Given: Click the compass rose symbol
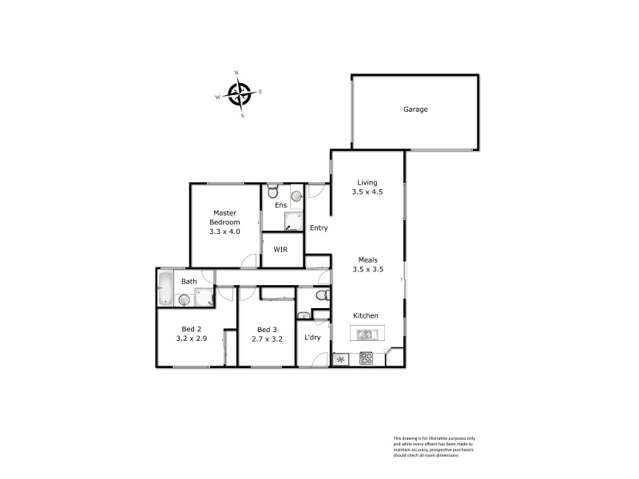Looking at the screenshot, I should click(x=239, y=94).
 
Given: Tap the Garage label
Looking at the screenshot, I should click(x=415, y=109).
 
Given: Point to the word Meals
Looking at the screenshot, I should click(x=368, y=259).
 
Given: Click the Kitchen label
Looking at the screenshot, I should click(x=366, y=316).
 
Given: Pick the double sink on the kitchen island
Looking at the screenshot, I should click(x=366, y=335).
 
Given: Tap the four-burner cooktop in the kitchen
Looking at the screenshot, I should click(x=366, y=358).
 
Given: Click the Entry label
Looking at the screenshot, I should click(x=318, y=228).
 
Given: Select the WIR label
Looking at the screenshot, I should click(x=280, y=250).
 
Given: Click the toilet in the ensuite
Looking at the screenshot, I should click(x=273, y=192).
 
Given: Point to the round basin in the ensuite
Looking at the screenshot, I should click(x=296, y=195).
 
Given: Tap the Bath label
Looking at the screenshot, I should click(x=189, y=282).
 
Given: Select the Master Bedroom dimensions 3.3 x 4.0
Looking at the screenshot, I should click(x=224, y=232).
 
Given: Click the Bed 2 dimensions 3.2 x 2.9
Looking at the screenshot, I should click(x=192, y=338).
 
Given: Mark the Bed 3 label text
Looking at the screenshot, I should click(x=267, y=329).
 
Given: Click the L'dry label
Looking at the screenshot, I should click(x=312, y=338).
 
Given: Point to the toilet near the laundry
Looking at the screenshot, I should click(x=321, y=296).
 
